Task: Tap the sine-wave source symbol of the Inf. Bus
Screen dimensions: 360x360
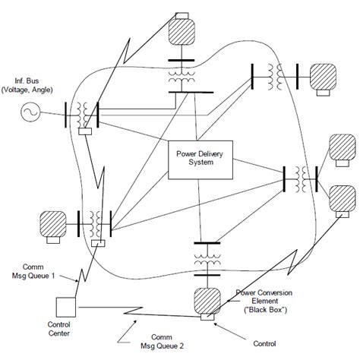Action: (x=30, y=115)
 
